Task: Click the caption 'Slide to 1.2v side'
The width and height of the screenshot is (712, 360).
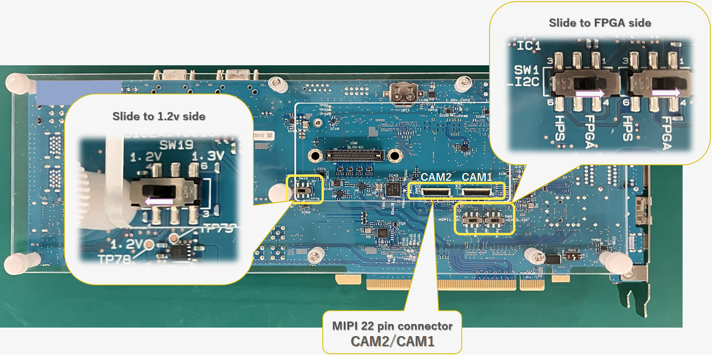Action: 159,116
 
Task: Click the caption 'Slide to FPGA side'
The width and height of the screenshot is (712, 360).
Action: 600,23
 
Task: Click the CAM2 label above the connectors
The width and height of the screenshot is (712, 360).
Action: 436,177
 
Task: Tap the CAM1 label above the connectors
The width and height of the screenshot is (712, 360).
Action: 478,177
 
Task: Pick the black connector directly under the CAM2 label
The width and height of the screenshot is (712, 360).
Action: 436,193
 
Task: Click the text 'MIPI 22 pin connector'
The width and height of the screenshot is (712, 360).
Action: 392,326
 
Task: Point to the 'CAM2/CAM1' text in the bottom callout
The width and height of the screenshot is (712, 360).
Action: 392,341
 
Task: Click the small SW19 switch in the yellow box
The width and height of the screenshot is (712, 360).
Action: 303,190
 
